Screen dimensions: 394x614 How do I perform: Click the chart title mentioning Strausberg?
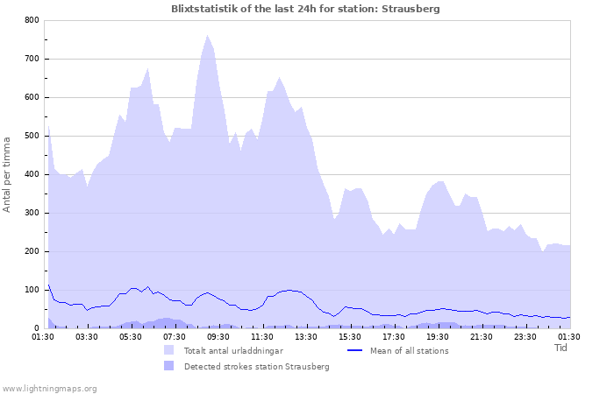click(306, 9)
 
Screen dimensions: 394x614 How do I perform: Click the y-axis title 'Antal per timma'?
click(8, 173)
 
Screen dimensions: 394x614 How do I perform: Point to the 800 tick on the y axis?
click(32, 20)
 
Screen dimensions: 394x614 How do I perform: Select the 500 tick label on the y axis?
click(32, 136)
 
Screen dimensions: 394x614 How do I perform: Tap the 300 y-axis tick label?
click(32, 213)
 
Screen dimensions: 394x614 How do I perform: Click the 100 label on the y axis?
click(32, 290)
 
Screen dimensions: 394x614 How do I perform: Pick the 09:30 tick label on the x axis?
click(218, 335)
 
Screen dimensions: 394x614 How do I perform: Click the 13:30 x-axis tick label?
click(306, 335)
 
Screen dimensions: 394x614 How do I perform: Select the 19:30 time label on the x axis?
click(438, 335)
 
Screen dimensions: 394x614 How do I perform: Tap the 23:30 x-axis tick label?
click(525, 335)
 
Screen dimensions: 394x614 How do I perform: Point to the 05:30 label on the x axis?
click(131, 335)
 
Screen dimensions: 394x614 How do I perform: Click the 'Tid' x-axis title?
click(561, 348)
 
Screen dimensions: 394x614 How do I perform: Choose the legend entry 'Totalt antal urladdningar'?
click(233, 350)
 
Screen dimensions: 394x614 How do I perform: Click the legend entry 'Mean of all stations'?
click(410, 350)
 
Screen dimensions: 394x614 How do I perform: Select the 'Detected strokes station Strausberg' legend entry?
click(256, 366)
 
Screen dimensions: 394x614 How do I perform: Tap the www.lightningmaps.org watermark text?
click(49, 388)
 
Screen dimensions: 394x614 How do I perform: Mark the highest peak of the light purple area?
click(207, 36)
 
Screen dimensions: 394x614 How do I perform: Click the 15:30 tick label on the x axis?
click(350, 335)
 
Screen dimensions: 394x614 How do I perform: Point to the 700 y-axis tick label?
click(32, 59)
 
